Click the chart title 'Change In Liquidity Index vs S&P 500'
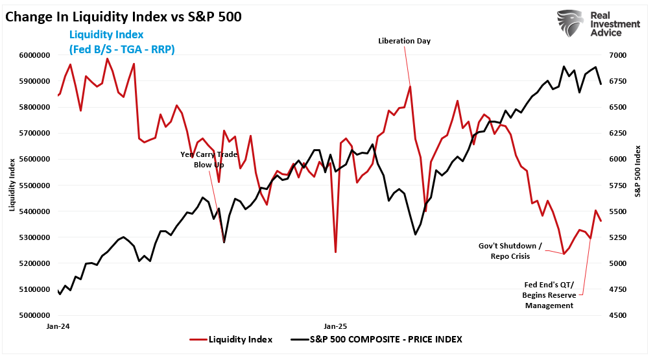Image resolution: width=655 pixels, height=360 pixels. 123,17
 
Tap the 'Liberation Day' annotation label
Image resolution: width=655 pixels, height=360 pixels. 404,41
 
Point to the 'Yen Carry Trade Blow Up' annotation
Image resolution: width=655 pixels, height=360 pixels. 209,160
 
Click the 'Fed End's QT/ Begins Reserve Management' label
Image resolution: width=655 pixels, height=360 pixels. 549,294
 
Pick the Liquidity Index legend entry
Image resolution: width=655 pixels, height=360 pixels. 232,339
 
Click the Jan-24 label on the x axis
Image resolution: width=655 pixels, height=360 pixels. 58,326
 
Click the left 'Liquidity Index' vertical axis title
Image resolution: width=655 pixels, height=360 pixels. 11,186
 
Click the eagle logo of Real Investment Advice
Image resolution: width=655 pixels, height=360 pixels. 569,23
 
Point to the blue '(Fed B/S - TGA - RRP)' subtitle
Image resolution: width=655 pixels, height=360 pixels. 121,49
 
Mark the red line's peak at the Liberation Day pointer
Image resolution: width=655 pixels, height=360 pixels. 410,86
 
